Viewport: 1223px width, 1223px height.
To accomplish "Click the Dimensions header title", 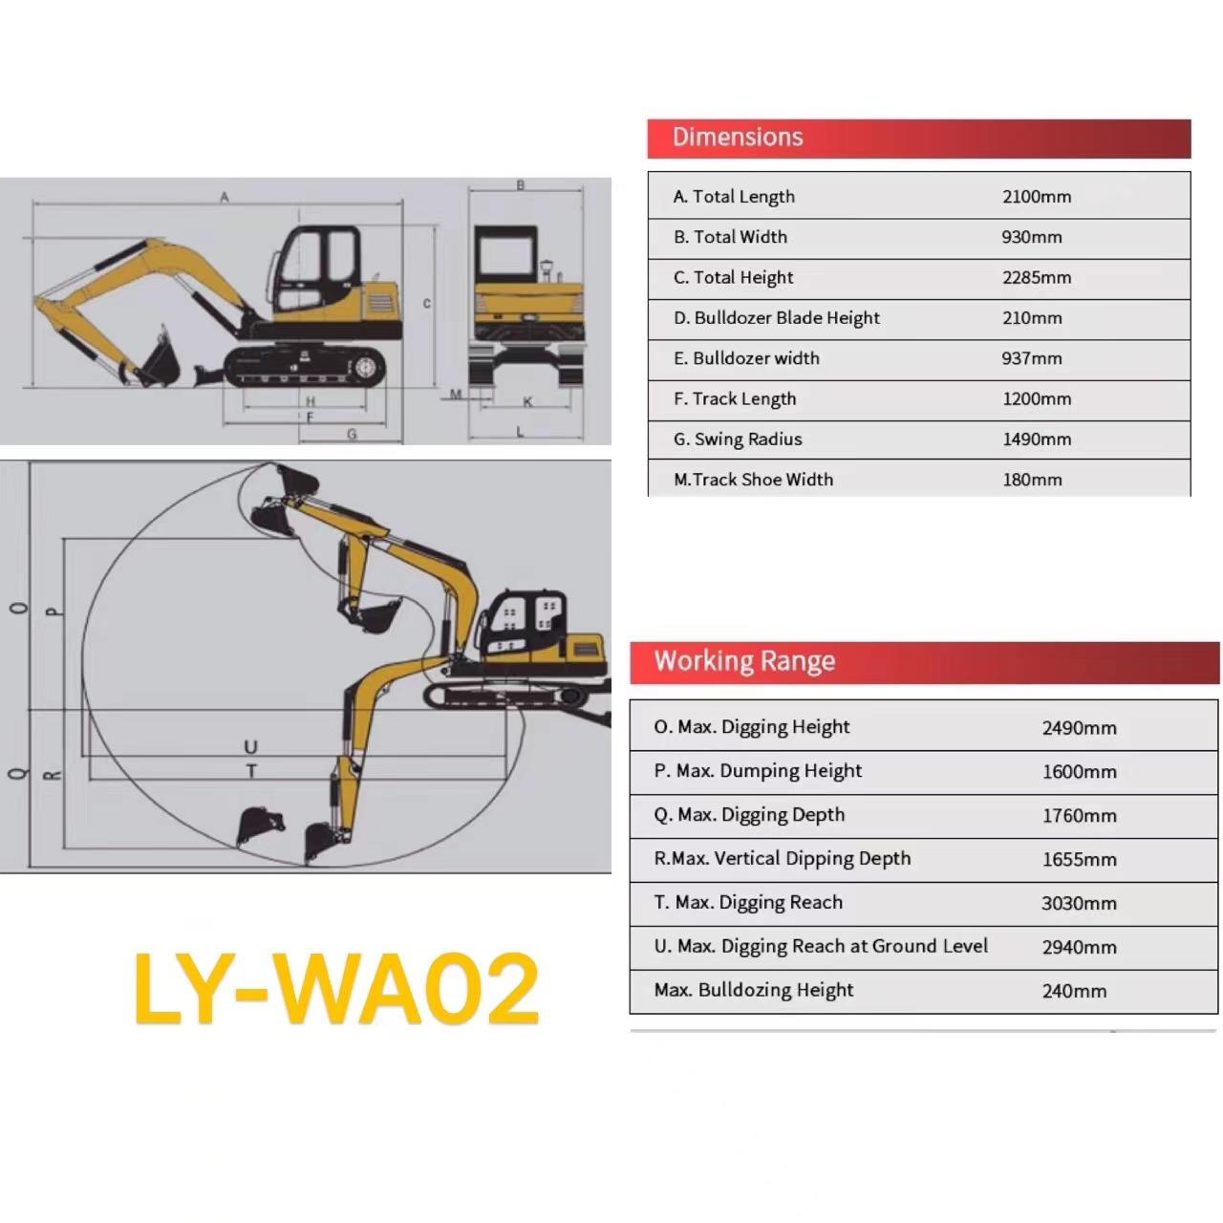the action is [x=738, y=137].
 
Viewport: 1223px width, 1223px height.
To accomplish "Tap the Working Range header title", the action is [x=744, y=661].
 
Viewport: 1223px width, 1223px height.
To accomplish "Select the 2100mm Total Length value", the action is [x=1037, y=197].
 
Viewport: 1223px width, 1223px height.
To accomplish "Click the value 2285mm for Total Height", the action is [x=1037, y=277].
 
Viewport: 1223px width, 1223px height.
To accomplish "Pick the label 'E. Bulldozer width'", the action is [x=746, y=358].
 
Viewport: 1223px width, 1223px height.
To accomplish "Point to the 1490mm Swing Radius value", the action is [x=1037, y=440].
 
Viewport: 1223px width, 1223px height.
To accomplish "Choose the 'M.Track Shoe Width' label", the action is [x=753, y=480].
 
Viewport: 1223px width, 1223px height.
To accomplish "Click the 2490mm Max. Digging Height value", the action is [x=1079, y=728].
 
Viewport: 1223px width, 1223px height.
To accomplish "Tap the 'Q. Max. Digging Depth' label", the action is [x=749, y=815].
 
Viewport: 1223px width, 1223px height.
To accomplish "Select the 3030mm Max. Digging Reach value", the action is [x=1079, y=903].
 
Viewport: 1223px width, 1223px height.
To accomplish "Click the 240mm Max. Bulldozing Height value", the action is [x=1074, y=991].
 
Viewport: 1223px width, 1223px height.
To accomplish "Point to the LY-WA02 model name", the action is [x=336, y=988].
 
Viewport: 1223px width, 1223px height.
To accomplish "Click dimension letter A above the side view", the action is [x=224, y=198].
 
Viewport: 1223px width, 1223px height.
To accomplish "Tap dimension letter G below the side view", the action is [x=352, y=434].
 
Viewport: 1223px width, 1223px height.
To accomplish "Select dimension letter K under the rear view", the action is [x=527, y=401].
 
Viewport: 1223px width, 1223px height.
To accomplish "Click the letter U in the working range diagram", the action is [x=250, y=747].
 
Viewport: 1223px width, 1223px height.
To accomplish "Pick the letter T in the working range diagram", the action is [x=251, y=772].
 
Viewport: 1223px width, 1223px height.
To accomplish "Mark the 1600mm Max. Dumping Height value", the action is [x=1079, y=772].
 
